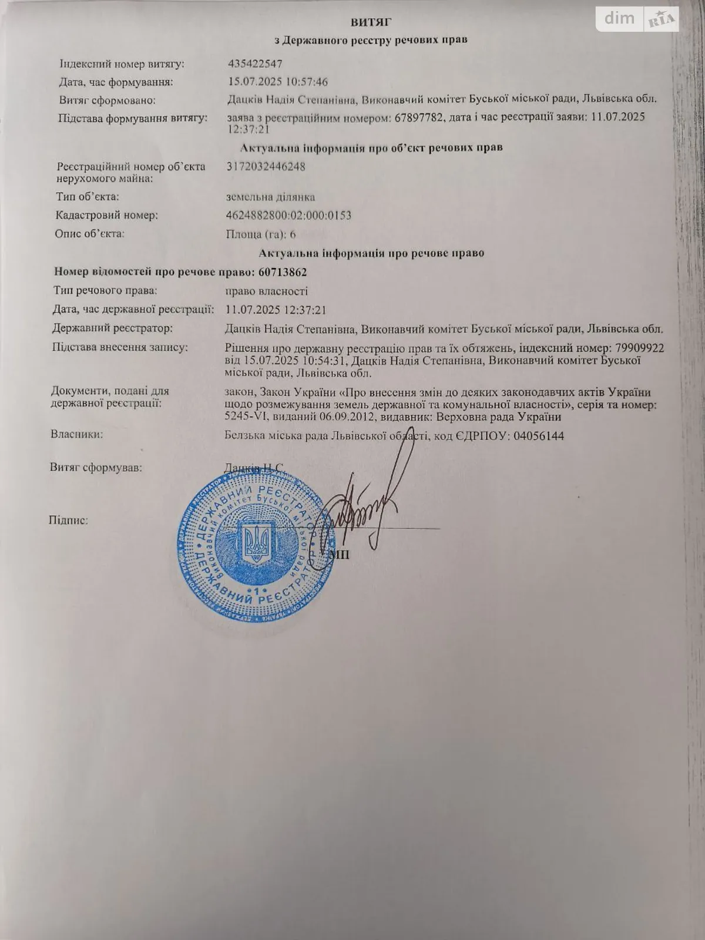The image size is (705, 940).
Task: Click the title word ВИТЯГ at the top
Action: [371, 22]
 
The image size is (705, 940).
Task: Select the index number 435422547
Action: [255, 63]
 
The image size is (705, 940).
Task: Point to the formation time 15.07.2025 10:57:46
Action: [286, 82]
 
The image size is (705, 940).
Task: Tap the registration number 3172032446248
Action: [266, 166]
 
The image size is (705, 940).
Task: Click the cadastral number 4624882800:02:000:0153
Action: [288, 215]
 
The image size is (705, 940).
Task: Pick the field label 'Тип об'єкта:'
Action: [88, 196]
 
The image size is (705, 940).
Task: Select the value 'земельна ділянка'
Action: [270, 197]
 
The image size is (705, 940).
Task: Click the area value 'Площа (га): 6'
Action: [261, 234]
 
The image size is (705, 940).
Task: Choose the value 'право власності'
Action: [267, 291]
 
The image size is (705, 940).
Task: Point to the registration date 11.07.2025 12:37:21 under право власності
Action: [276, 310]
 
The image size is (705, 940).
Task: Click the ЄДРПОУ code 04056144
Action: [539, 436]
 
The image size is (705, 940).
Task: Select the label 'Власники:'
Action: [77, 435]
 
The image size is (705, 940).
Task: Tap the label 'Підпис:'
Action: [69, 520]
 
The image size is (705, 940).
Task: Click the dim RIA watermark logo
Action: [638, 19]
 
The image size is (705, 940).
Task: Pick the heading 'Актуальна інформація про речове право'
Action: [371, 253]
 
